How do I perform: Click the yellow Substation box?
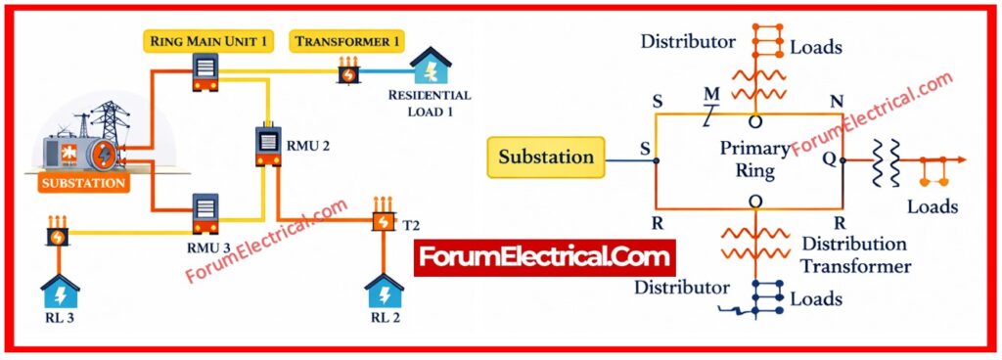pos(546,157)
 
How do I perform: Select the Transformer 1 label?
pos(348,41)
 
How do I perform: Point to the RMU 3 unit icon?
pos(205,212)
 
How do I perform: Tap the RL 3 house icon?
pos(59,292)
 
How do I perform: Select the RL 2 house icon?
pos(384,292)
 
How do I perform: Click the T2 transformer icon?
pos(382,219)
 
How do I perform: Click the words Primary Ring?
pos(755,159)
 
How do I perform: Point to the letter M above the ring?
pos(712,94)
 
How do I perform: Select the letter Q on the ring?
pos(830,157)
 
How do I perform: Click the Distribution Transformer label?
pos(854,254)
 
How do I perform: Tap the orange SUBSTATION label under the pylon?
pos(83,182)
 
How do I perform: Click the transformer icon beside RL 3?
pos(58,236)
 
